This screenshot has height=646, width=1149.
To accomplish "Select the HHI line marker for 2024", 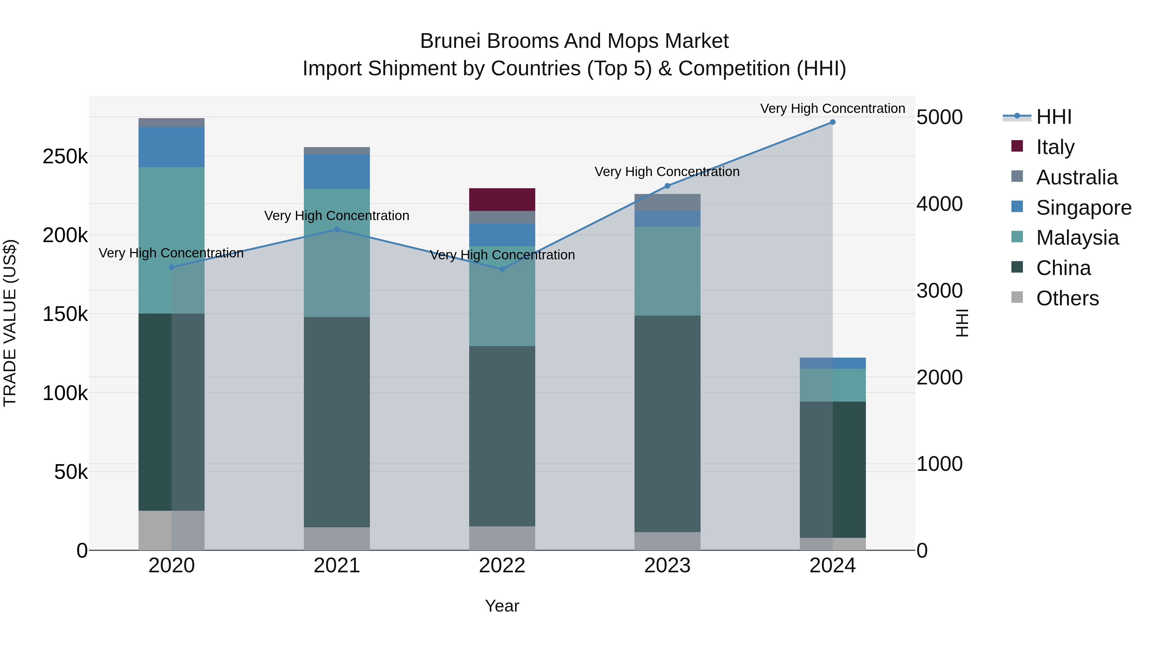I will point(832,122).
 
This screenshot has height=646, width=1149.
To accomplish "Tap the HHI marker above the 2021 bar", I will point(337,230).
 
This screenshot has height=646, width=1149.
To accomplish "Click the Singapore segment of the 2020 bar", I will point(171,147).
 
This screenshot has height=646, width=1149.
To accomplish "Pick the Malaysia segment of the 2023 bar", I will point(667,271).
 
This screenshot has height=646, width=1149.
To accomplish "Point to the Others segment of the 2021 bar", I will point(337,538).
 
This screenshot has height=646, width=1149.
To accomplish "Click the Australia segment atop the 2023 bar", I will point(667,202).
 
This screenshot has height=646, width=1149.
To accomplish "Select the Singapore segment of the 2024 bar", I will point(832,363).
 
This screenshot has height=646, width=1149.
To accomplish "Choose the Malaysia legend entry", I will point(1077,238).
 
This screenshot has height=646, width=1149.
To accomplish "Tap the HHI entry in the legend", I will point(1054,117).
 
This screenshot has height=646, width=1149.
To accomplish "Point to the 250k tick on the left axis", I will point(65,157).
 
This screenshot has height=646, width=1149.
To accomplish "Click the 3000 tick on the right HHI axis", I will point(939,291).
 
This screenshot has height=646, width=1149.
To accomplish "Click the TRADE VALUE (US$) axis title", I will point(10,323).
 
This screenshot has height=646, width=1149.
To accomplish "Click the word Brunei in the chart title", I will point(450,41).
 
